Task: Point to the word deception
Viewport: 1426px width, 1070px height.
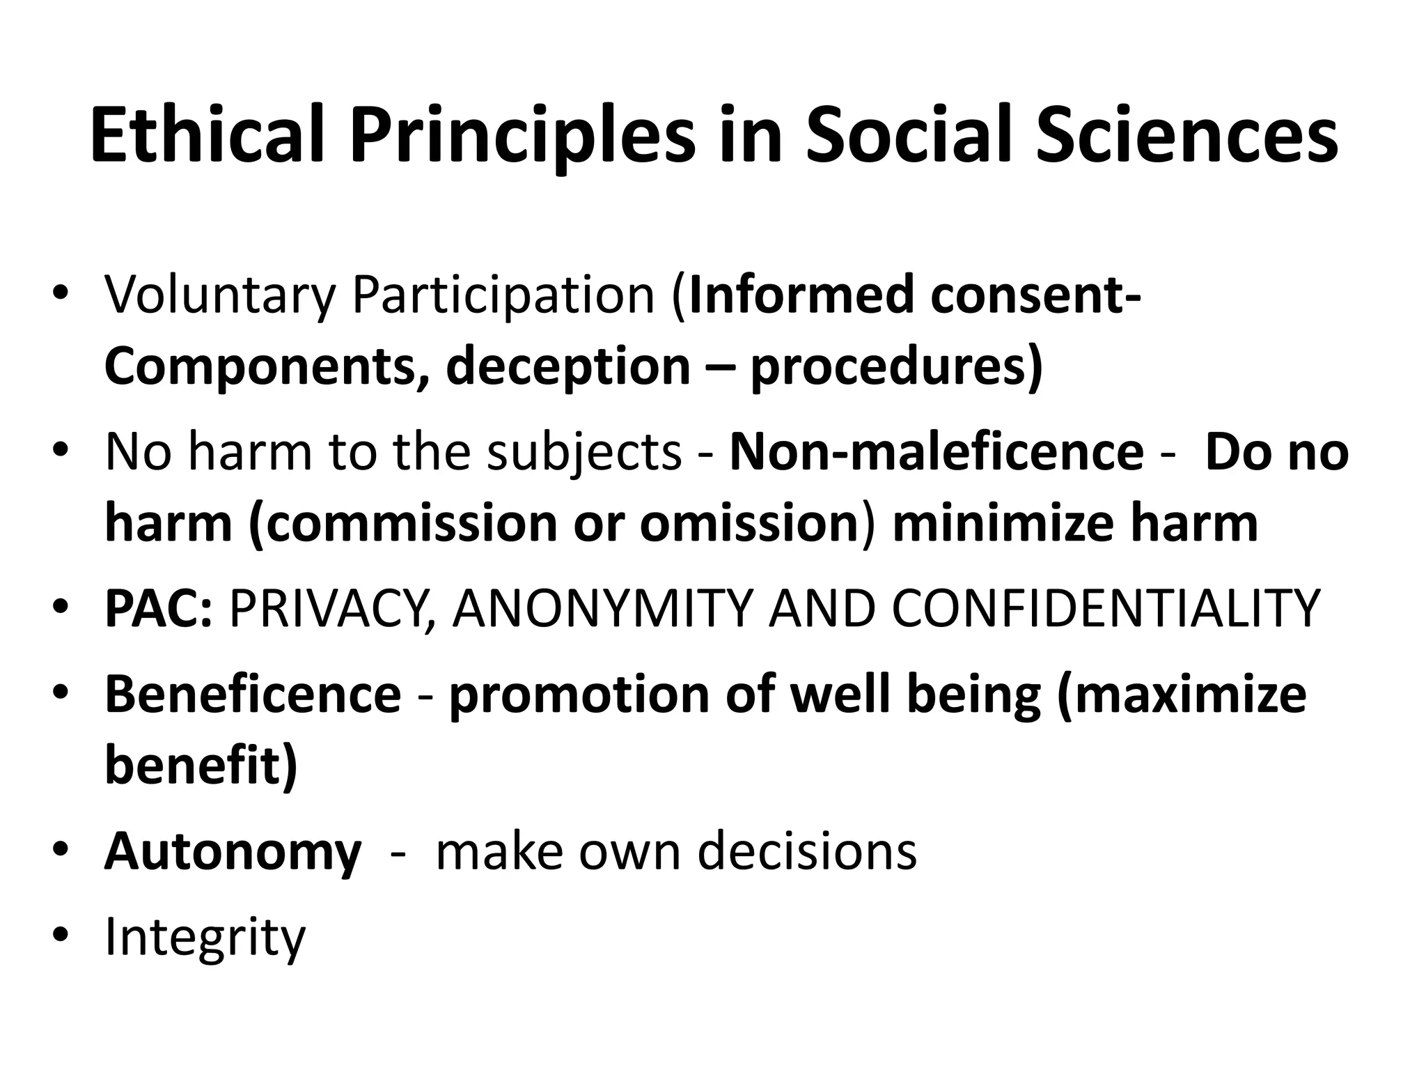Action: click(567, 367)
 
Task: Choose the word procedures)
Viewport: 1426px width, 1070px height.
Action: click(897, 367)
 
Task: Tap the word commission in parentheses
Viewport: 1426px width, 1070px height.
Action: click(412, 523)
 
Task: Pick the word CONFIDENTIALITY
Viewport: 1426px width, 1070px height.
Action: click(1106, 609)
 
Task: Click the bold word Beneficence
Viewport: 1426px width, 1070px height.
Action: click(253, 695)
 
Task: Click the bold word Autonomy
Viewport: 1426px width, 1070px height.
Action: click(233, 852)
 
